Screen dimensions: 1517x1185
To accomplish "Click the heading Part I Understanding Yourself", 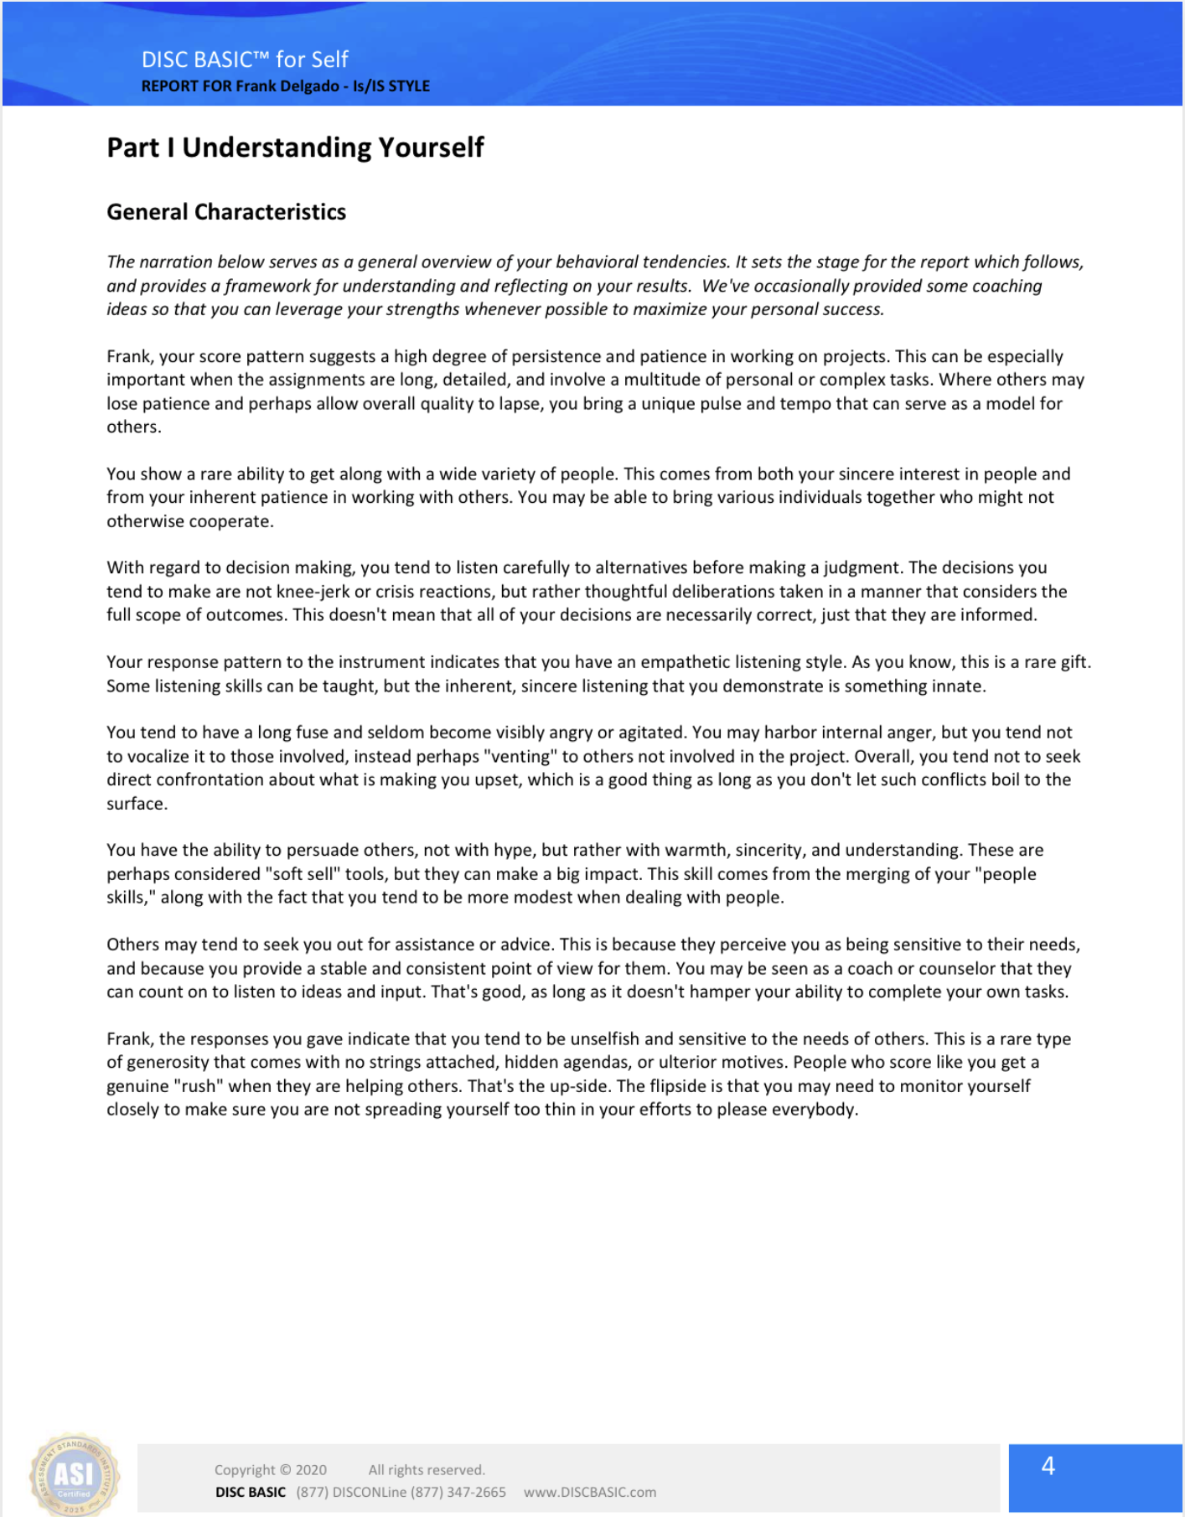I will pos(295,148).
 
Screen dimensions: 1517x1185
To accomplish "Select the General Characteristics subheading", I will pos(226,212).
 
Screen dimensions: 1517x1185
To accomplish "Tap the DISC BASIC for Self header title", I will pos(245,60).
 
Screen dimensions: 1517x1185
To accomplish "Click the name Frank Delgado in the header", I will pos(287,86).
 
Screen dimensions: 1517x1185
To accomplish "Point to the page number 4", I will pos(1048,1465).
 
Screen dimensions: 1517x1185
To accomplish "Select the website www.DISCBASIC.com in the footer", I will pos(590,1492).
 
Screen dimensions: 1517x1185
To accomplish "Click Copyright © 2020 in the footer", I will pos(271,1469).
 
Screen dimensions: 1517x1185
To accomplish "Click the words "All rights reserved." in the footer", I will pos(427,1469).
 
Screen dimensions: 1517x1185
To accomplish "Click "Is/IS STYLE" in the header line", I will pos(391,86).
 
